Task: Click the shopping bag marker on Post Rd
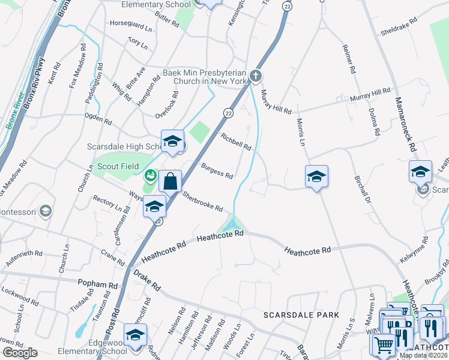click(x=170, y=180)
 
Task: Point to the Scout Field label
click(x=118, y=166)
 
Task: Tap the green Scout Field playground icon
click(x=149, y=176)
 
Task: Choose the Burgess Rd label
click(x=217, y=171)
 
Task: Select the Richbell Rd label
click(x=236, y=142)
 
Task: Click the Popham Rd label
click(x=98, y=283)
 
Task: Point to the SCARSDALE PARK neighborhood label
click(x=301, y=315)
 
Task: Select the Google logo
click(x=20, y=353)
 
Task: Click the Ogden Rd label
click(x=98, y=118)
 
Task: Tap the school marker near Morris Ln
click(x=316, y=176)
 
